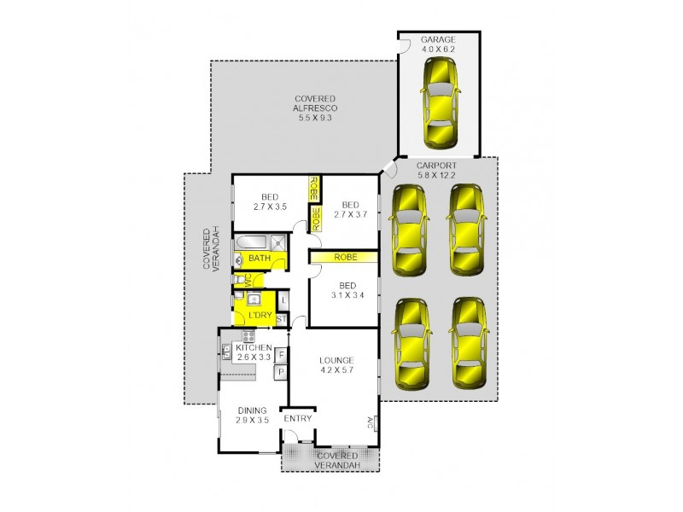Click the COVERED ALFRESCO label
click(x=315, y=108)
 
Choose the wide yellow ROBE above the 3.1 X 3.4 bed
click(x=345, y=256)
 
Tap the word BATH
click(x=260, y=258)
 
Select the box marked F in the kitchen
click(x=280, y=353)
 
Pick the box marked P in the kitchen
click(x=280, y=371)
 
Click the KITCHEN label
click(x=254, y=348)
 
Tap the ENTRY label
click(x=298, y=418)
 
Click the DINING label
click(x=253, y=410)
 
